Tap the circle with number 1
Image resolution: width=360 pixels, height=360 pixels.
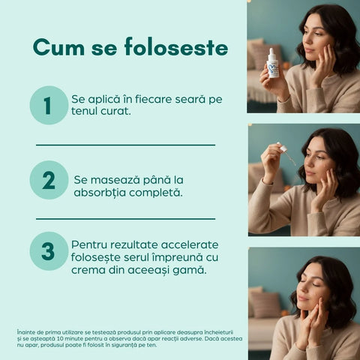(x=49, y=105)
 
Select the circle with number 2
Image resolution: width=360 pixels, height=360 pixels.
(x=49, y=180)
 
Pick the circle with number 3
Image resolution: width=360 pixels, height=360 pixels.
(x=49, y=251)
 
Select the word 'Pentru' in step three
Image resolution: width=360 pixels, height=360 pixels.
(x=91, y=244)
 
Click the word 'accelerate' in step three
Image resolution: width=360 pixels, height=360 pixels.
(x=187, y=244)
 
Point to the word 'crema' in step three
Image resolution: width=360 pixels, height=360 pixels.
(x=90, y=270)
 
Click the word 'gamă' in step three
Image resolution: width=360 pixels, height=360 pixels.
(x=189, y=270)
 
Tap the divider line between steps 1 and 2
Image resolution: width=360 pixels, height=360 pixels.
(x=125, y=145)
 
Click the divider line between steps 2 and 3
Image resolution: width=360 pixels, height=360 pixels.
(x=125, y=218)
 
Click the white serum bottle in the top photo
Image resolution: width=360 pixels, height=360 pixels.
(x=274, y=65)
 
